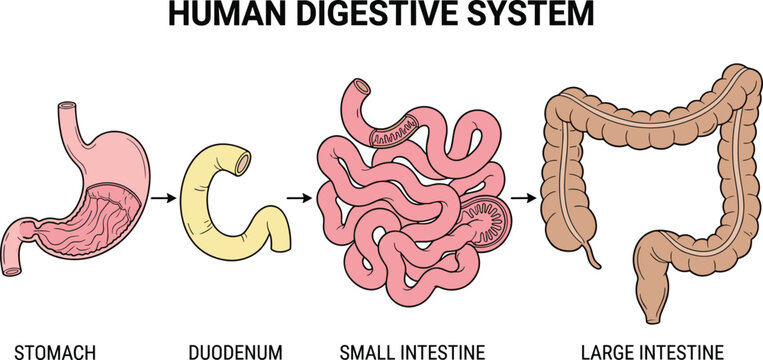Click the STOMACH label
pos(49,350)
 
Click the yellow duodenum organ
pos(200,190)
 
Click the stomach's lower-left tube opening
pos(11,267)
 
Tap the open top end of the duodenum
pos(241,159)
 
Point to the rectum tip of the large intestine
pos(652,317)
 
